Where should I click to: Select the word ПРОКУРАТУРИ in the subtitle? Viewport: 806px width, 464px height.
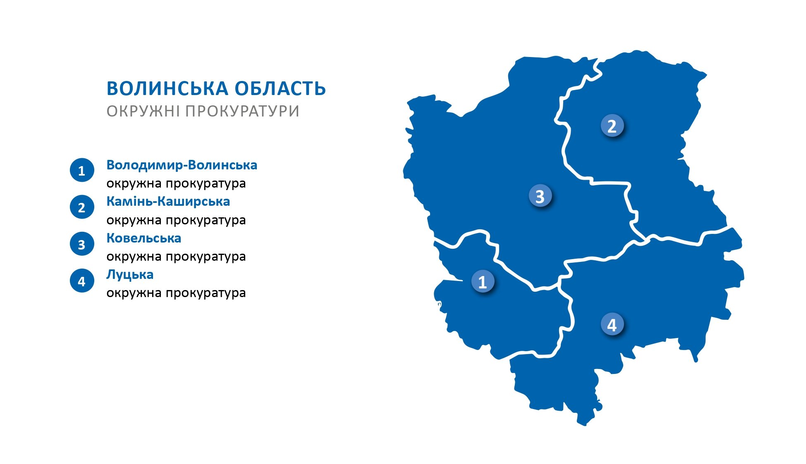pyautogui.click(x=242, y=111)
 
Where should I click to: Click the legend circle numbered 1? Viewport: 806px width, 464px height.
pyautogui.click(x=82, y=170)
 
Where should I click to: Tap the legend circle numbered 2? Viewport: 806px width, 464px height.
pyautogui.click(x=82, y=207)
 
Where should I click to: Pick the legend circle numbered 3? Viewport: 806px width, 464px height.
pyautogui.click(x=82, y=244)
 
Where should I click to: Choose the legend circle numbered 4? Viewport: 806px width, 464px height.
pyautogui.click(x=82, y=281)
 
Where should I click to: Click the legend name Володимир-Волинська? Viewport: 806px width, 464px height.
pyautogui.click(x=182, y=165)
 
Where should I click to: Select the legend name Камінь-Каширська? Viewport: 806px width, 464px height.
pyautogui.click(x=168, y=201)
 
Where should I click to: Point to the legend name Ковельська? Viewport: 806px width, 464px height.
pyautogui.click(x=144, y=238)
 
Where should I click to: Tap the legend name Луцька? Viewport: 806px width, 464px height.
pyautogui.click(x=130, y=275)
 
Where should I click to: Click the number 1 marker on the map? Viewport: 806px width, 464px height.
pyautogui.click(x=483, y=281)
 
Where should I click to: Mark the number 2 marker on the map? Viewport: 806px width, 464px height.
pyautogui.click(x=612, y=126)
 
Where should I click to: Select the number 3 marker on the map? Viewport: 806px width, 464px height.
pyautogui.click(x=540, y=196)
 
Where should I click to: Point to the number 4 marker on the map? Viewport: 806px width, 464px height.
pyautogui.click(x=612, y=325)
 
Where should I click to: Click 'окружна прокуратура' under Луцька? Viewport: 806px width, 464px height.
pyautogui.click(x=176, y=293)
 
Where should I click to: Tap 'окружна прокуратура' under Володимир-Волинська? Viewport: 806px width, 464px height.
pyautogui.click(x=176, y=183)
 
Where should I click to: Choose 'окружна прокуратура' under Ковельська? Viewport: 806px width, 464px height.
pyautogui.click(x=176, y=257)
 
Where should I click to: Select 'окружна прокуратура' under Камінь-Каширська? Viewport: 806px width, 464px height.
pyautogui.click(x=176, y=220)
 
